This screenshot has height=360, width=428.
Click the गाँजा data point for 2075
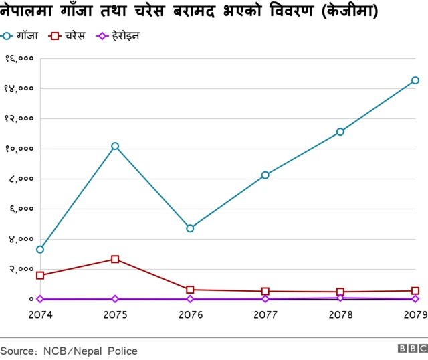(115, 146)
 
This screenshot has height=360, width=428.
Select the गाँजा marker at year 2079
(415, 80)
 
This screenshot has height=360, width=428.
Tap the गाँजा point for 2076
(191, 228)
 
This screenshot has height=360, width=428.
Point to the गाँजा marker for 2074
(40, 250)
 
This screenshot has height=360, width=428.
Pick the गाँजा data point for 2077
(265, 175)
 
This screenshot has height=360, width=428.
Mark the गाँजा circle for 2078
(340, 132)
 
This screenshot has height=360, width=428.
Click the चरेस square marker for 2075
(115, 259)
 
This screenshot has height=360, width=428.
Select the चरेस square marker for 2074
(40, 275)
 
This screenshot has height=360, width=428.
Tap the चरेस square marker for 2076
(191, 290)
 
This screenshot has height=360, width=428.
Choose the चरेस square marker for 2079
(415, 291)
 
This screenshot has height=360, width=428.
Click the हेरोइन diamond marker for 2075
(115, 299)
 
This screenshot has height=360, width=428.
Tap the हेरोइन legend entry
(119, 35)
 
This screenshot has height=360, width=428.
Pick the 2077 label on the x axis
(265, 314)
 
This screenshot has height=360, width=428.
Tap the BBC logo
(412, 349)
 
